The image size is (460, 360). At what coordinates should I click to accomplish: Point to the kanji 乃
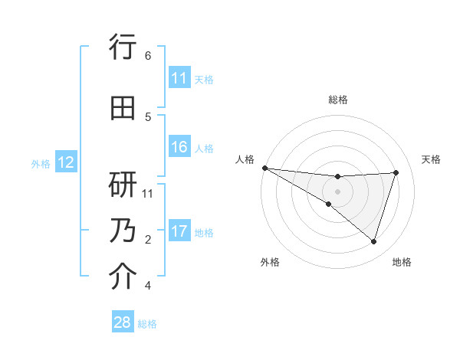(123, 231)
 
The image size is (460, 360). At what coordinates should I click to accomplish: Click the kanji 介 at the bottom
(123, 277)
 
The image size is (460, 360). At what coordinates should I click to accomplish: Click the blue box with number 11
(179, 78)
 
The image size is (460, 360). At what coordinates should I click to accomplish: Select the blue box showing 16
(179, 147)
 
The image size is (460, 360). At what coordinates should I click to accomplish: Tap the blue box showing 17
(179, 231)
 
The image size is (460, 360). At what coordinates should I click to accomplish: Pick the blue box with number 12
(66, 162)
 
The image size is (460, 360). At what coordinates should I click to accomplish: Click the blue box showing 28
(123, 323)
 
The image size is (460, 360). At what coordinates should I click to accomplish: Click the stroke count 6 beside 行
(148, 56)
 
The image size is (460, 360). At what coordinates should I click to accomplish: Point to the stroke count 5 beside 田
(148, 117)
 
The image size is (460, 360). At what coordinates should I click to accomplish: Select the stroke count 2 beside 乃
(148, 240)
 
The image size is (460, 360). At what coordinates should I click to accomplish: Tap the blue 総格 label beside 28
(147, 324)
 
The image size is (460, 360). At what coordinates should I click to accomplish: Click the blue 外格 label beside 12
(41, 163)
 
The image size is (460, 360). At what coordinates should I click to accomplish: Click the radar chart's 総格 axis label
(337, 100)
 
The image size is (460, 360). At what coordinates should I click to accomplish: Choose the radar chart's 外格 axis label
(270, 262)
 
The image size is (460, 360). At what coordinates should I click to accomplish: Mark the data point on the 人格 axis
(264, 167)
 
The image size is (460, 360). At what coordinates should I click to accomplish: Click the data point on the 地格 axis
(373, 241)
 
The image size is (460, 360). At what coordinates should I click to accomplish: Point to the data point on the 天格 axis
(396, 172)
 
